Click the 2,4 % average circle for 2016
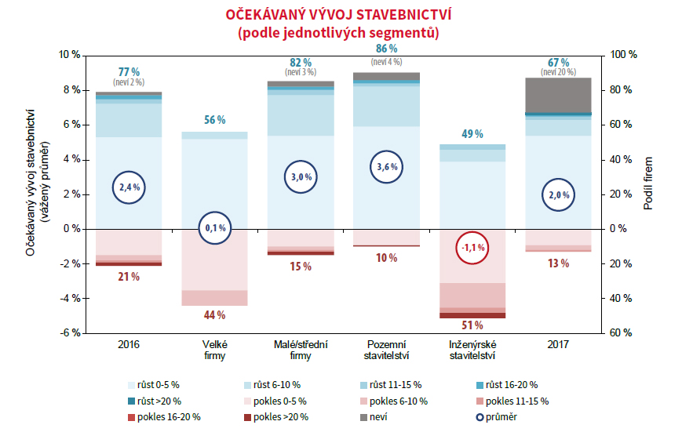pyautogui.click(x=129, y=187)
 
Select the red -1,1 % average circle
pyautogui.click(x=473, y=248)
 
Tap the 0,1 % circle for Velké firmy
pyautogui.click(x=214, y=228)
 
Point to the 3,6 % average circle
pyautogui.click(x=387, y=166)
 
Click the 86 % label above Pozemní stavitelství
pyautogui.click(x=386, y=49)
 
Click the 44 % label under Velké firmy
pyautogui.click(x=214, y=314)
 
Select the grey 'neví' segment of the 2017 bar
pyautogui.click(x=558, y=94)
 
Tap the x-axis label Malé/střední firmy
pyautogui.click(x=300, y=350)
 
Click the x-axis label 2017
pyautogui.click(x=558, y=344)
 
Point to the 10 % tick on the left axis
pyautogui.click(x=70, y=55)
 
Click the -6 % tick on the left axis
pyautogui.click(x=70, y=332)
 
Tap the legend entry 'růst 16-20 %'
pyautogui.click(x=511, y=385)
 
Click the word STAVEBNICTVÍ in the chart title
pyautogui.click(x=393, y=15)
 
